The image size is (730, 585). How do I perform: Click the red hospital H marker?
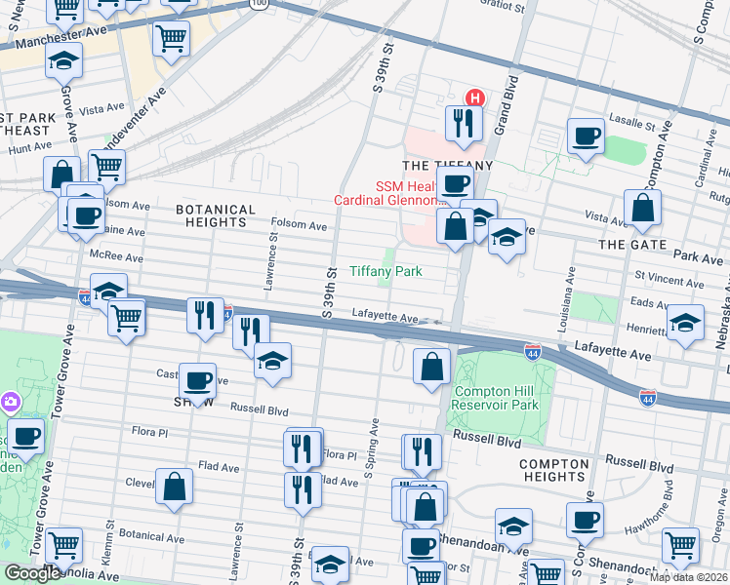point(474,97)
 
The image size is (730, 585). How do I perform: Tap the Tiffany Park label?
point(386,271)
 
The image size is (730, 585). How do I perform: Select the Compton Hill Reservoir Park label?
point(496,398)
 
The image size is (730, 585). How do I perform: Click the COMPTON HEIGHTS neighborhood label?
point(554,470)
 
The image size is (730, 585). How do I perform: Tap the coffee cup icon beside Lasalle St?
point(587,136)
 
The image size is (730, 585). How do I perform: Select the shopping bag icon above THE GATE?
point(643,207)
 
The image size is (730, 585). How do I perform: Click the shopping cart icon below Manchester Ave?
point(172,39)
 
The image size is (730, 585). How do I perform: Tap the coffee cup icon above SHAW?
point(197,379)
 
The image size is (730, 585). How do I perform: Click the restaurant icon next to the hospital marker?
point(461,122)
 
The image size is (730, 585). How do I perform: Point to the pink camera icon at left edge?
point(10,401)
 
